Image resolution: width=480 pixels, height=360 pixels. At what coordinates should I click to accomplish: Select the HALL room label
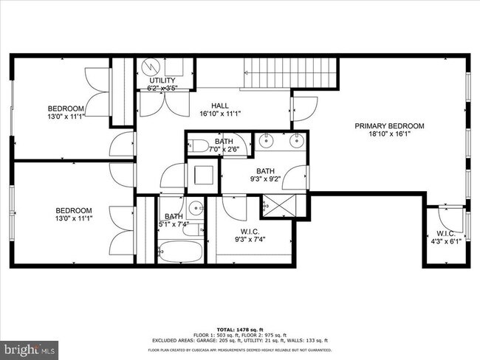point(220,105)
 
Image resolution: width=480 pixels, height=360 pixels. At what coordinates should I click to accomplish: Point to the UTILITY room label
point(162,80)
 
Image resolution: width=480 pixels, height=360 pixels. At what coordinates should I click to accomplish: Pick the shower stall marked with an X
point(275,207)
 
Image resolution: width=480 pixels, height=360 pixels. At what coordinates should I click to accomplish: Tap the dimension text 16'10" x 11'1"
point(220,114)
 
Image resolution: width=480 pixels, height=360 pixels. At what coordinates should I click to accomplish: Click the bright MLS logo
point(30,347)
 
